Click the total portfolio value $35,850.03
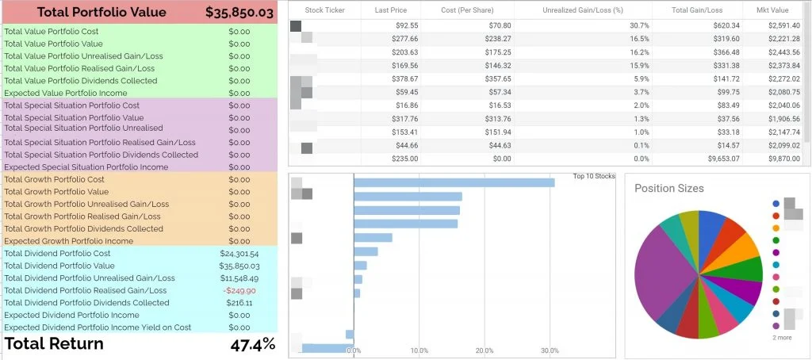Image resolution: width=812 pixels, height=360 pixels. tap(239, 12)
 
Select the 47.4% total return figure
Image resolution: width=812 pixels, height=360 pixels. tap(252, 344)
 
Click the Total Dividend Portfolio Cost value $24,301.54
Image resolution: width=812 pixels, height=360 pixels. tap(239, 253)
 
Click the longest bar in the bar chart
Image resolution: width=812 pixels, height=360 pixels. tap(454, 182)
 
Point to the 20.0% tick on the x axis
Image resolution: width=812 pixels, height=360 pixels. tap(486, 350)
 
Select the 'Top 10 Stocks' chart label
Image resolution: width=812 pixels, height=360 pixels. tap(594, 177)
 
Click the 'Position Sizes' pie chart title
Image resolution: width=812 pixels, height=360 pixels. tap(669, 188)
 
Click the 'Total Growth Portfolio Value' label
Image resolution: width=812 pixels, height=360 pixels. tap(56, 192)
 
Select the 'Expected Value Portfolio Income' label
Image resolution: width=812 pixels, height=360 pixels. tap(59, 94)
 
